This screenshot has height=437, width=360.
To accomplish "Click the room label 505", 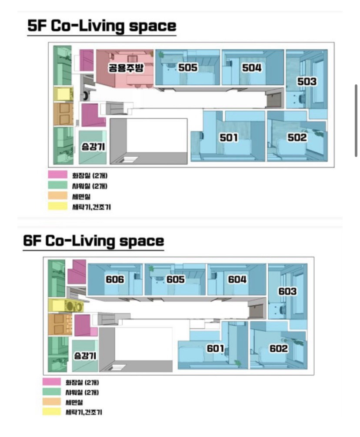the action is click(x=188, y=67).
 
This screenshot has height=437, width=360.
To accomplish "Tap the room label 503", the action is click(x=307, y=81).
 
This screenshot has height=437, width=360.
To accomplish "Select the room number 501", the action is click(x=229, y=137).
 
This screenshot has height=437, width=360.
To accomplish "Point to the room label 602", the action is click(x=278, y=348).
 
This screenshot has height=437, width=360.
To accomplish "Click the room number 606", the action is click(x=115, y=279).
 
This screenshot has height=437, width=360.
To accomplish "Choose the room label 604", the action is click(x=237, y=279).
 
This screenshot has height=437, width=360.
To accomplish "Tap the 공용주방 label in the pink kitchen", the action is click(x=126, y=68).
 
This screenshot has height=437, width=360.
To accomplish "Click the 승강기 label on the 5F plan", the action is click(x=93, y=147).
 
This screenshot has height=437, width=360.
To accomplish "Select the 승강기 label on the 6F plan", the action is click(x=85, y=355).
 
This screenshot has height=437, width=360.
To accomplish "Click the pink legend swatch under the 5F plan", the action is click(x=58, y=175).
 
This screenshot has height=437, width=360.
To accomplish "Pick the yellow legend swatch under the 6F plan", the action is click(x=52, y=412).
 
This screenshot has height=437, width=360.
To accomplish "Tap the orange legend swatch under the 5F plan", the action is click(x=58, y=196).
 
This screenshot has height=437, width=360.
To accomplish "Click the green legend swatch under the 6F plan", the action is click(x=52, y=392).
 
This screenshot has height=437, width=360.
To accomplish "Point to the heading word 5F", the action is click(x=37, y=26).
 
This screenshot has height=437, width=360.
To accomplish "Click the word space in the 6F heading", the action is click(x=142, y=241).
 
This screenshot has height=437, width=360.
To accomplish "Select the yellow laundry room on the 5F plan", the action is click(x=63, y=94).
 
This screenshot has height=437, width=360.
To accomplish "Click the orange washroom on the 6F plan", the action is click(x=60, y=324).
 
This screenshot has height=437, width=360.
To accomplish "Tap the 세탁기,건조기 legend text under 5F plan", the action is click(x=91, y=207).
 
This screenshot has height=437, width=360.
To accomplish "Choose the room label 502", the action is click(x=297, y=137).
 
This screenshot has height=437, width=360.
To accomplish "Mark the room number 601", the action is click(x=215, y=348).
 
